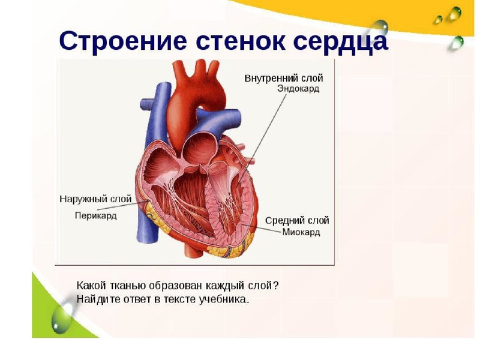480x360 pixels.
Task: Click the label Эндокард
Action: (x=298, y=89)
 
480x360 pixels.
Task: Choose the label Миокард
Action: (x=301, y=232)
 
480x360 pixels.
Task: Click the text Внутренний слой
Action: (x=284, y=78)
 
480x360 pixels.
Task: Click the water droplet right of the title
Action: (x=380, y=27)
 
